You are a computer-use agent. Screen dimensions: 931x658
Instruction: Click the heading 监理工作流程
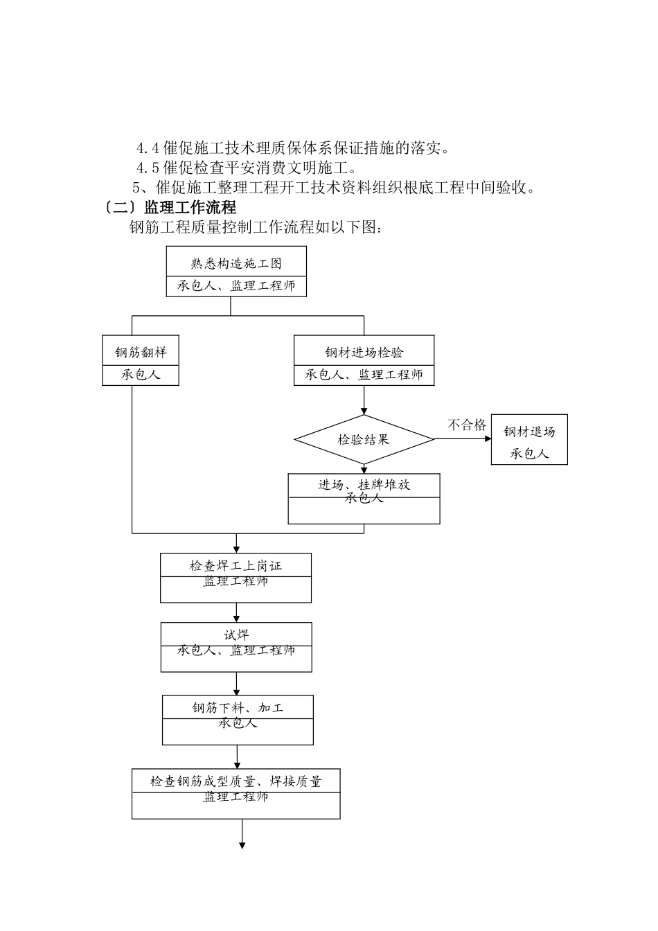tap(190, 207)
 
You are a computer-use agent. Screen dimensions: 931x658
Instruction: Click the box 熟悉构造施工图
tap(235, 272)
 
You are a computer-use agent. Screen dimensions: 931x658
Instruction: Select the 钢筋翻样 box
tap(141, 360)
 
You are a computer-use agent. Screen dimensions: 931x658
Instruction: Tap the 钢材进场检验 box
tap(364, 360)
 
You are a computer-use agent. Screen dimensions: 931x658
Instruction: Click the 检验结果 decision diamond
tap(364, 439)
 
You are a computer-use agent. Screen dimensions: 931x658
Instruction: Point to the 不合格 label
tap(466, 425)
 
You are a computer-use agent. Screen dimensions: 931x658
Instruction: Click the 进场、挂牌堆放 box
tap(364, 499)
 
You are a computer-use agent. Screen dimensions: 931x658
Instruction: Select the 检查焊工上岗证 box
tap(235, 578)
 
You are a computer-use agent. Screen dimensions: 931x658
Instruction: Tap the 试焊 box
tap(235, 647)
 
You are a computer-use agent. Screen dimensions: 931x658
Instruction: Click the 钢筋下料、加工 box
tap(238, 720)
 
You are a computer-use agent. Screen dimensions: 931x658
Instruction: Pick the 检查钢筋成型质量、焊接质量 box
tap(235, 794)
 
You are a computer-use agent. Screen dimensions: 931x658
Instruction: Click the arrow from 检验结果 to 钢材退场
tap(463, 439)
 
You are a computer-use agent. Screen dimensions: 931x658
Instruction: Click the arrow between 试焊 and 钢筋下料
tap(237, 684)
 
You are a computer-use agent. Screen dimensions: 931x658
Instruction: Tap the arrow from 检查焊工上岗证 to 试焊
tap(237, 612)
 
